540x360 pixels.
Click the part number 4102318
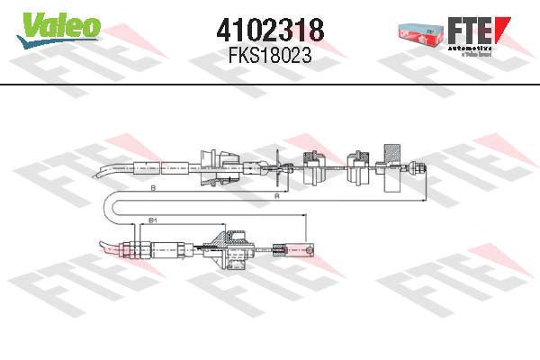(269, 29)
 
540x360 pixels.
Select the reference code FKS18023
(269, 55)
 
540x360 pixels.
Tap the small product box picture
(419, 32)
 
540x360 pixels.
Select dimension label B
(154, 187)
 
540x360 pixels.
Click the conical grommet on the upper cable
(213, 166)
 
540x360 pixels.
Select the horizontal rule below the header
(270, 85)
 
